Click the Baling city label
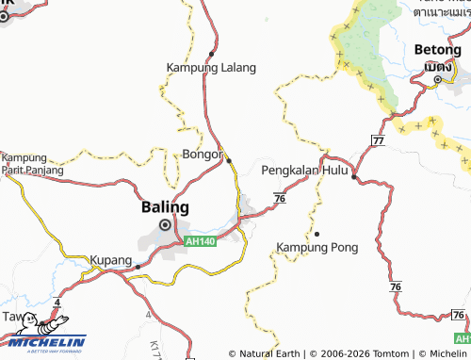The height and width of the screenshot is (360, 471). click(x=165, y=206)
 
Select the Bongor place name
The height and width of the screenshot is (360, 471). click(x=203, y=153)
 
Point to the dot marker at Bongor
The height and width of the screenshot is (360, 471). click(x=229, y=161)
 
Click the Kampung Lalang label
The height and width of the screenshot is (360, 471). click(x=211, y=68)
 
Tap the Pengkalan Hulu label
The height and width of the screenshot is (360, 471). click(x=305, y=171)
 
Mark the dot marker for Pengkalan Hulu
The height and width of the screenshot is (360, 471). click(x=353, y=176)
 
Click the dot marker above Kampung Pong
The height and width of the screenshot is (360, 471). click(x=317, y=234)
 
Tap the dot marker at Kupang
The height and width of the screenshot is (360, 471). click(x=138, y=266)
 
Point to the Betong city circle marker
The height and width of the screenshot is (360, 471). click(x=438, y=81)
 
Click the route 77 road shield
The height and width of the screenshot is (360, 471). click(x=378, y=139)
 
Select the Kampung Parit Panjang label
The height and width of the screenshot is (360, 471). click(x=32, y=164)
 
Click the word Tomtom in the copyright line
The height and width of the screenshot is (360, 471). click(x=378, y=354)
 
